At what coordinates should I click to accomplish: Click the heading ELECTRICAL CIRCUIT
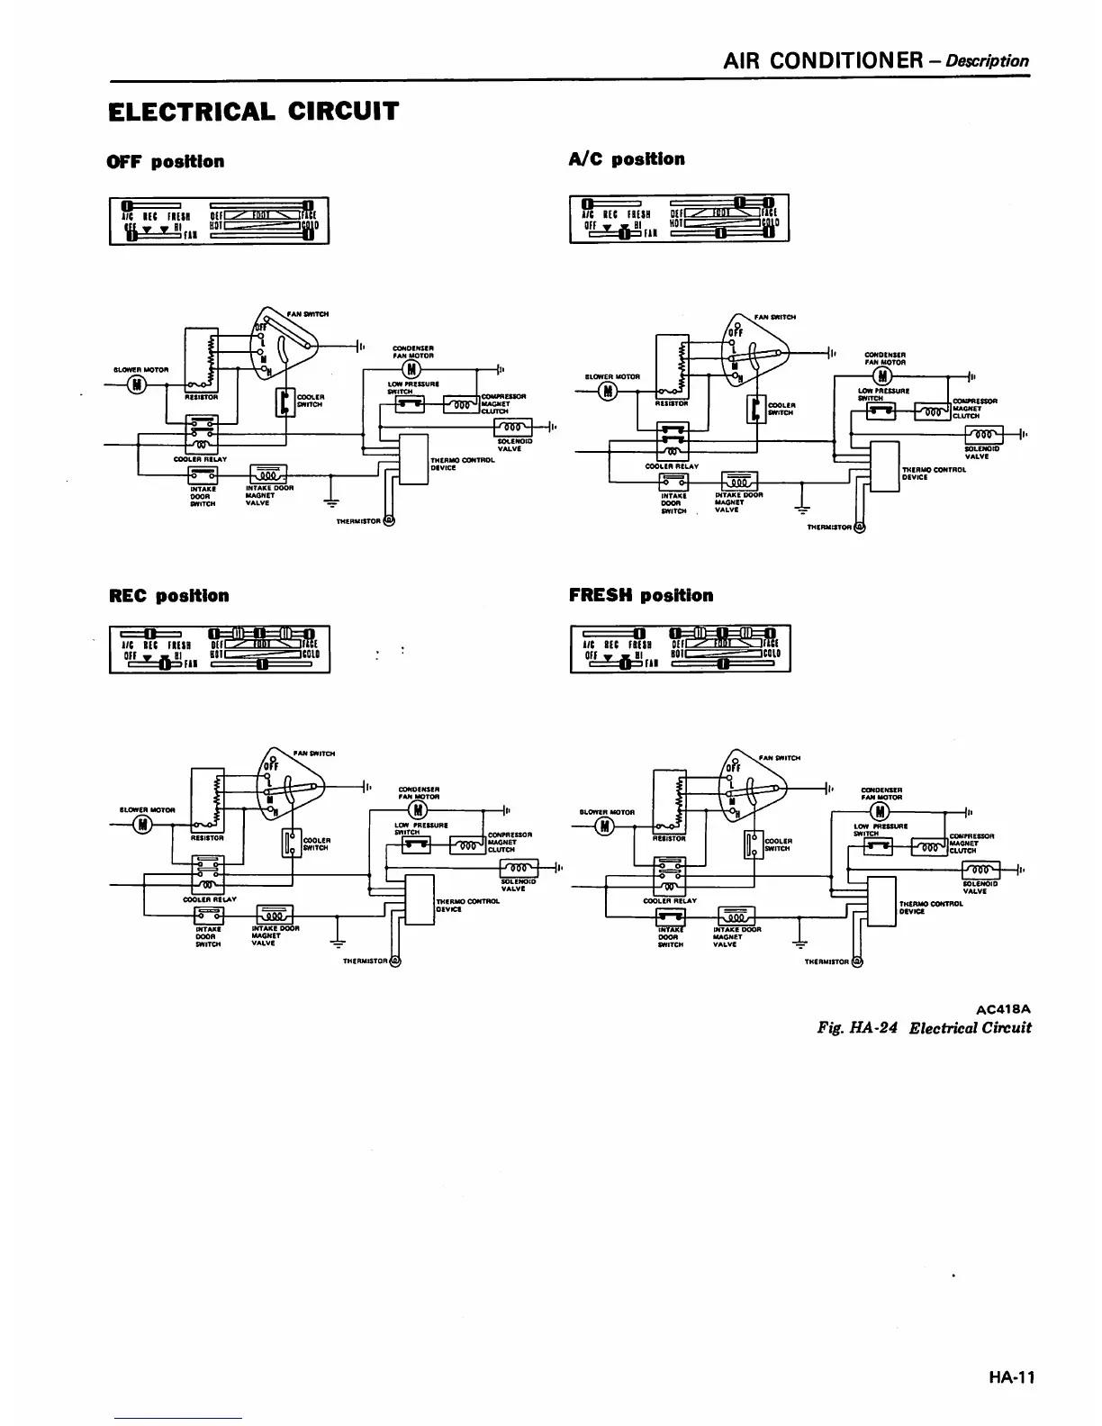tap(252, 112)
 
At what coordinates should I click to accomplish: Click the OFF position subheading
tap(166, 162)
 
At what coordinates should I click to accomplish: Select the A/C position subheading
tap(627, 159)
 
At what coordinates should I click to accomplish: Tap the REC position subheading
tap(169, 596)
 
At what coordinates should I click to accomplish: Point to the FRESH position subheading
tap(641, 596)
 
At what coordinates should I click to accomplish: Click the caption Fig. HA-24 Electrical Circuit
tap(924, 1028)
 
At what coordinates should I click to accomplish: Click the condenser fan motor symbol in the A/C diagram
tap(883, 376)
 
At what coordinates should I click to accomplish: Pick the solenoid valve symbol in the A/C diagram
tap(982, 434)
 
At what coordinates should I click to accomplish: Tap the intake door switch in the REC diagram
tap(204, 916)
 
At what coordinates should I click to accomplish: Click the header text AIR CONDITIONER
tap(824, 60)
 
